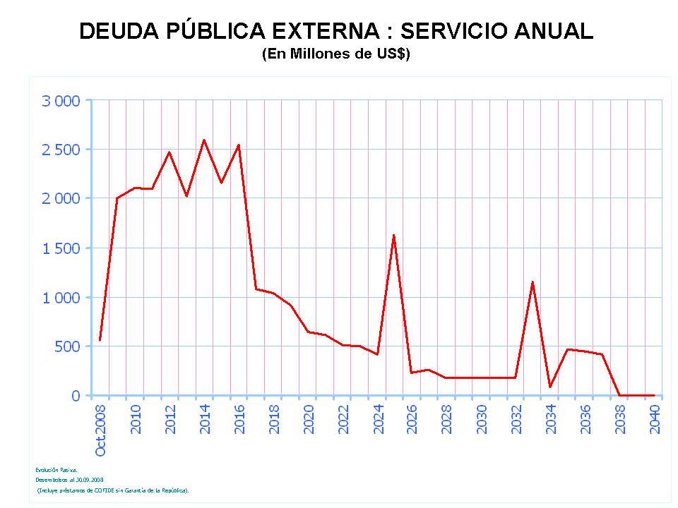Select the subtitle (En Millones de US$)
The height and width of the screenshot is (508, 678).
(336, 54)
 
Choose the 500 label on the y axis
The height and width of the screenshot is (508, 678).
(67, 346)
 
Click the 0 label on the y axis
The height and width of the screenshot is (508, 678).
(76, 396)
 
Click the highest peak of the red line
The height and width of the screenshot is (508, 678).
(204, 140)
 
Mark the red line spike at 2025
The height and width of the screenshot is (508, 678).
(393, 235)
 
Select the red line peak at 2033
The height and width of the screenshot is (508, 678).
(533, 282)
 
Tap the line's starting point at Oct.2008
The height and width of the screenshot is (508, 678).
(100, 340)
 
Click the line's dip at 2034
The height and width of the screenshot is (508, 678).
(550, 387)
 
